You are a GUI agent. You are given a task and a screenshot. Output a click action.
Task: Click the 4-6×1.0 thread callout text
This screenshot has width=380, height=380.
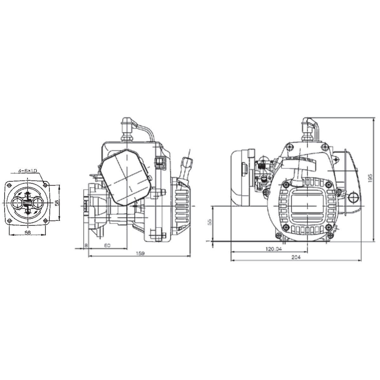point(28,171)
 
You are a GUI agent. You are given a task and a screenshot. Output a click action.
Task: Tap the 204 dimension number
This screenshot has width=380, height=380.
point(296,258)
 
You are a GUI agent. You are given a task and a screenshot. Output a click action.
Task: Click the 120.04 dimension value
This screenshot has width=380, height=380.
point(273,249)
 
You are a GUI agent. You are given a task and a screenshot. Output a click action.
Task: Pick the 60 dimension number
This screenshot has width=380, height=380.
point(107,245)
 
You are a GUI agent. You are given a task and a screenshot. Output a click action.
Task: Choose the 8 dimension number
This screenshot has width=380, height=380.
point(86,245)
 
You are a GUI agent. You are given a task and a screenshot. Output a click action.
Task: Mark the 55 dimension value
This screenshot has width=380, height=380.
point(209,222)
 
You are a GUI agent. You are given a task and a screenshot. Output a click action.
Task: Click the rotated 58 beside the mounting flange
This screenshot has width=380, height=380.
point(57,203)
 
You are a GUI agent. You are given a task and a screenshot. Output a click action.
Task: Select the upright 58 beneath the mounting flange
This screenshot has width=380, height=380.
point(27,232)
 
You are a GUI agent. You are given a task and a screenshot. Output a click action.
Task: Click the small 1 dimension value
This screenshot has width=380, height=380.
point(208,241)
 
